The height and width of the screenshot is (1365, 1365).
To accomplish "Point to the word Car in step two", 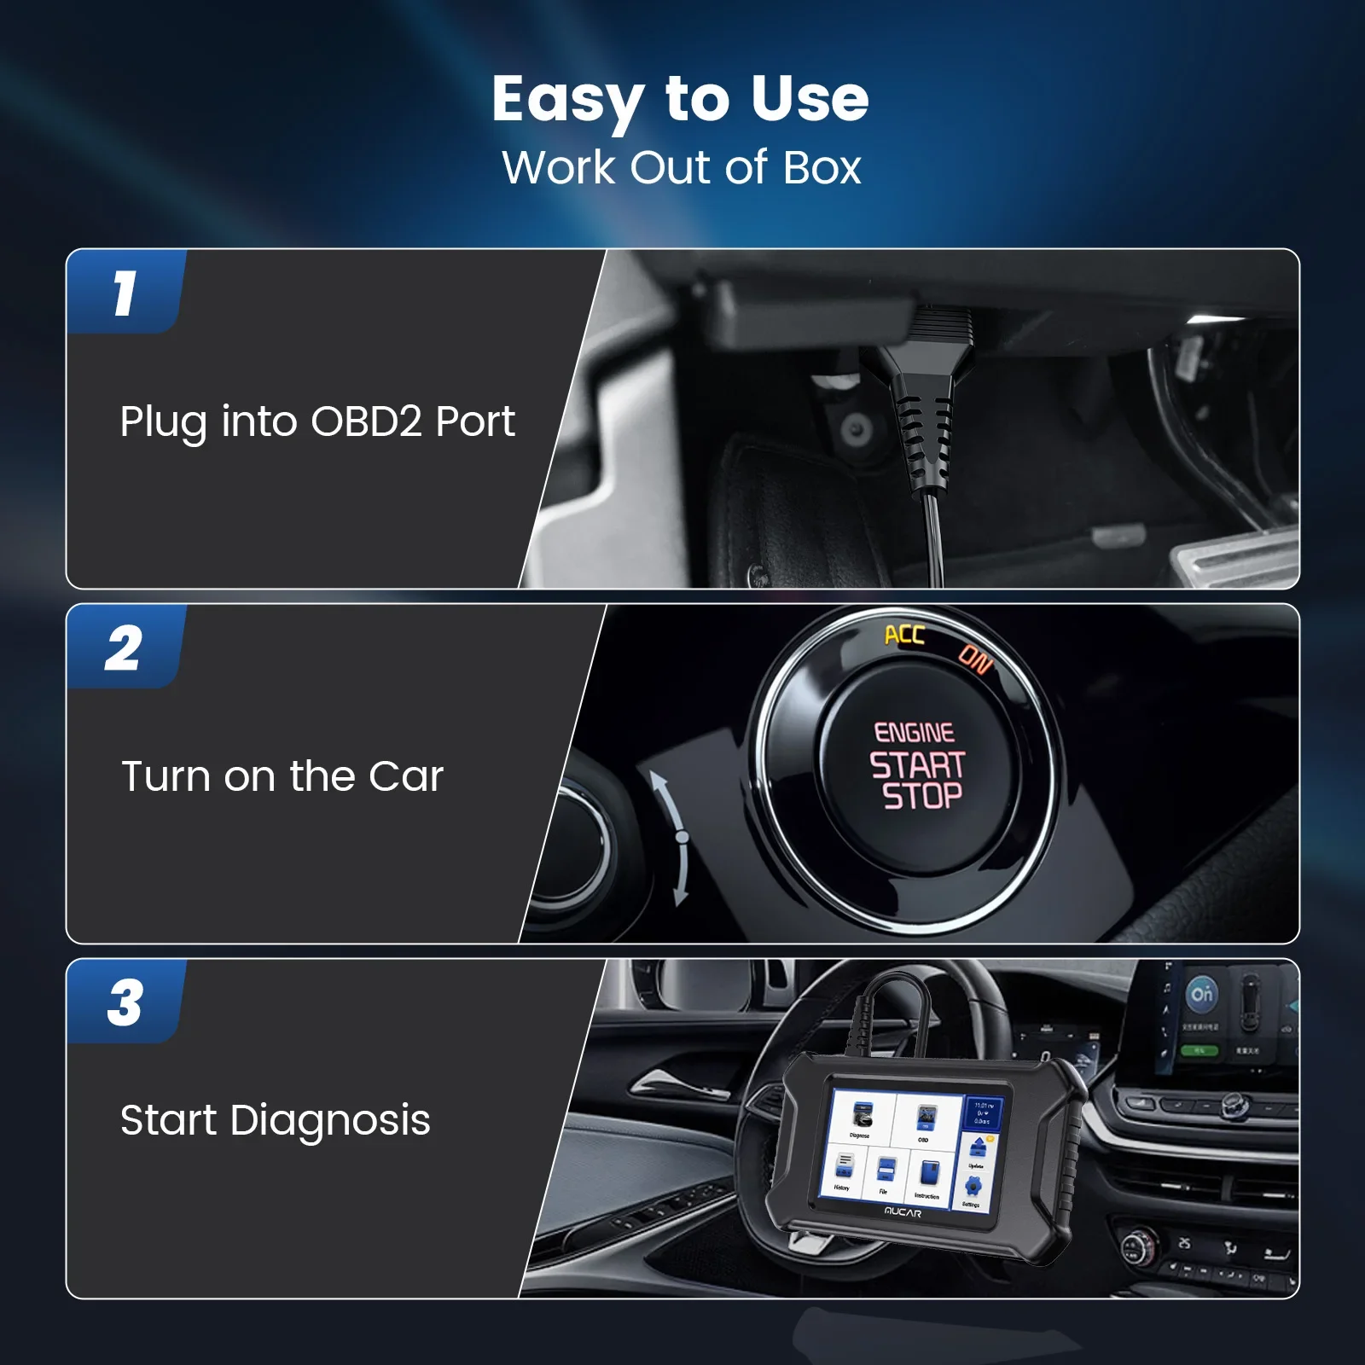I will tap(406, 776).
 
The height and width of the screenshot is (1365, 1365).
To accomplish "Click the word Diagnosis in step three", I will tap(330, 1120).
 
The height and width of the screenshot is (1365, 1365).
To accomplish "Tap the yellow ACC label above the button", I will tap(904, 635).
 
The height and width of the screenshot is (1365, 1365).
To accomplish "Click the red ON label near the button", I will tap(975, 659).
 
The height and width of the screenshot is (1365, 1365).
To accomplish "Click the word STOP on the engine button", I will tap(922, 797).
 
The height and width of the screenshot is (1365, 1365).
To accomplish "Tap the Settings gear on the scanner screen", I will tap(973, 1188).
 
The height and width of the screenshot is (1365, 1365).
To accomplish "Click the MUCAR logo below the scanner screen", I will tap(902, 1212).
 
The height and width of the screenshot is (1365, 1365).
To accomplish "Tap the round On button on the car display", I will tap(1202, 994).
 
